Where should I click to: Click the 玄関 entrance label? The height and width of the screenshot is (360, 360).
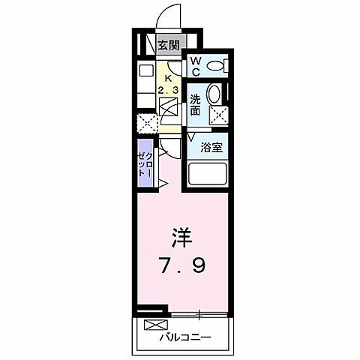click(167, 45)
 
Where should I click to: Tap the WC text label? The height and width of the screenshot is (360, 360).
click(193, 66)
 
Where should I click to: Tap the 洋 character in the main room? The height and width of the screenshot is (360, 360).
click(182, 239)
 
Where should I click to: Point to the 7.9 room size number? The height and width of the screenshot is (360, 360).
click(183, 266)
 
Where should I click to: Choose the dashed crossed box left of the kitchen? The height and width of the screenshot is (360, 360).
click(145, 124)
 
